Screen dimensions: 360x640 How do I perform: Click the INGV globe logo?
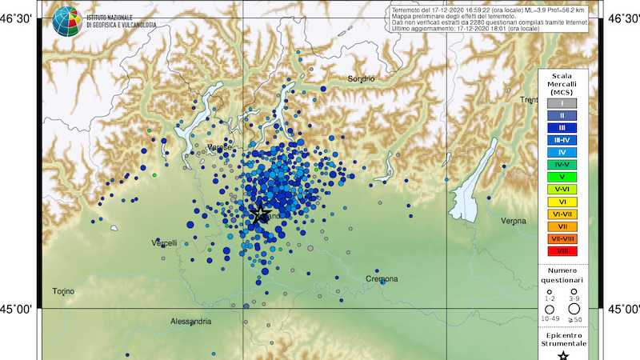coord(66,20)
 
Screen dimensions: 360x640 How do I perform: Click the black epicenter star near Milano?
coord(259,213)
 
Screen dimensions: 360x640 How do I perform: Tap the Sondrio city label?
coord(361,78)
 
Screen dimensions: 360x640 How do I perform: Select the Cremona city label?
coord(382,278)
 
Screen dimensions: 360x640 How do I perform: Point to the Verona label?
coord(513,220)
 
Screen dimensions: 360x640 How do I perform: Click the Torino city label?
coord(63,291)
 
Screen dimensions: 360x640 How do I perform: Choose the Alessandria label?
coord(191,321)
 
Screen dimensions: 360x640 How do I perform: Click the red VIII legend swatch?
coord(562,251)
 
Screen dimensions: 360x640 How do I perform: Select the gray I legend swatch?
coord(562,103)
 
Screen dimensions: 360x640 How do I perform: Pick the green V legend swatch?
coord(562,177)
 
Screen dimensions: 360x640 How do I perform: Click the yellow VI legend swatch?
coord(562,202)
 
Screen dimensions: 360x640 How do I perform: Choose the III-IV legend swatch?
coord(562,140)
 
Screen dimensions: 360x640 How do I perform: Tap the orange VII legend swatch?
coord(562,226)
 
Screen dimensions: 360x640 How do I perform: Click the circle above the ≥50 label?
coord(573,308)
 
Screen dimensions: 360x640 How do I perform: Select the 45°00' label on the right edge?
coord(624,309)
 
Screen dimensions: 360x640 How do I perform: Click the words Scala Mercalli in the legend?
coord(562,80)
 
